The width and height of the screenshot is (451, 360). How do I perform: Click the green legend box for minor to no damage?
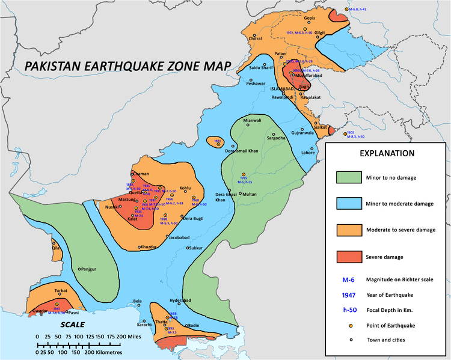(348, 178)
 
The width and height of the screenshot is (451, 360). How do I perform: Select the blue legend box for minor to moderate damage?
(348, 204)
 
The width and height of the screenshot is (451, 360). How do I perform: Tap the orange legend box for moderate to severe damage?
(348, 230)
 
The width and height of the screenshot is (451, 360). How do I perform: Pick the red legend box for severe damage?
(348, 257)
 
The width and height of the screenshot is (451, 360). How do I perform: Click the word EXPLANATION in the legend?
(387, 153)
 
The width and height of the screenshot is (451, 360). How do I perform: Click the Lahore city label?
(308, 153)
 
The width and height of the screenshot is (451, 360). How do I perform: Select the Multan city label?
(249, 195)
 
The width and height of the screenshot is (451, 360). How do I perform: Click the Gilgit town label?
(319, 32)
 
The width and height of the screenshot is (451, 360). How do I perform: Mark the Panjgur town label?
(88, 269)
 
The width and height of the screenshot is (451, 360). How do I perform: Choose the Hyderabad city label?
(180, 299)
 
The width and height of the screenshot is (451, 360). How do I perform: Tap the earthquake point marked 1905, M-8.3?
(345, 134)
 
